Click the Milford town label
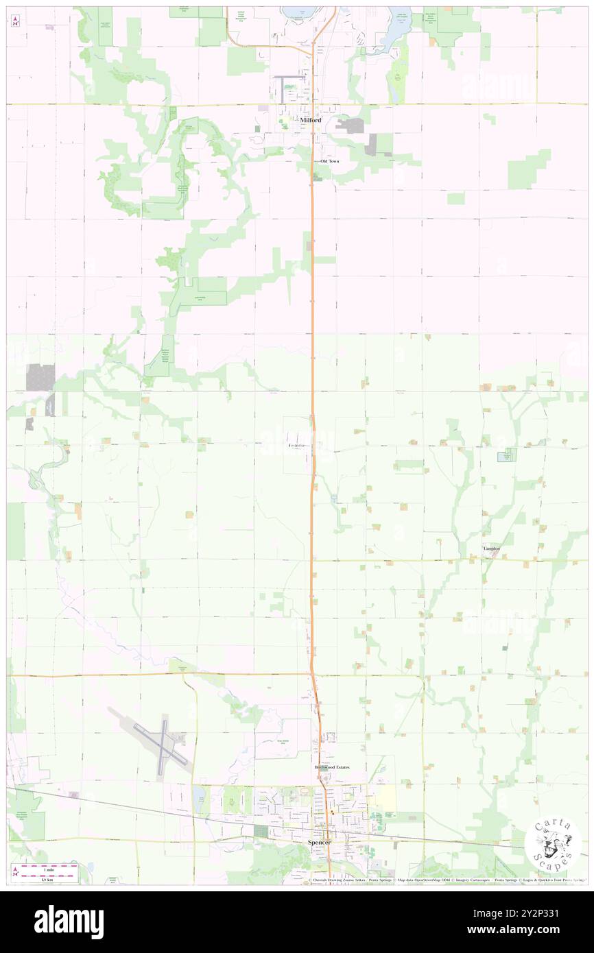coord(310,120)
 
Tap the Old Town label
coord(329,161)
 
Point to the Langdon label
coord(491,549)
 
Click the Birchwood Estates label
coord(332,767)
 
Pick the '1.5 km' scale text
coord(47,879)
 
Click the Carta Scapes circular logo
coord(552,844)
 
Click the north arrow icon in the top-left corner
coord(16,21)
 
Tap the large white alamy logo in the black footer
coord(69,921)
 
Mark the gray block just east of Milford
coord(354,126)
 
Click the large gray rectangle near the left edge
coord(40,377)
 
